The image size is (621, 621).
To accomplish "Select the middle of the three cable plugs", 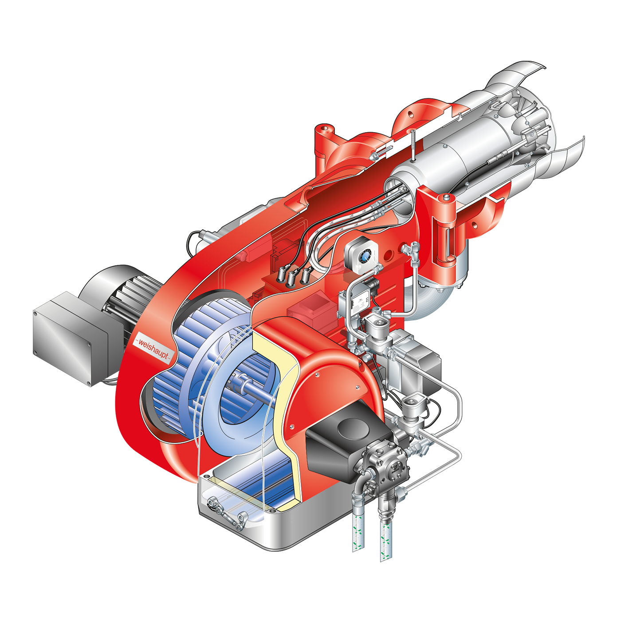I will click(x=292, y=277).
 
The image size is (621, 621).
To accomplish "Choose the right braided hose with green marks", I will click(x=385, y=537).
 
